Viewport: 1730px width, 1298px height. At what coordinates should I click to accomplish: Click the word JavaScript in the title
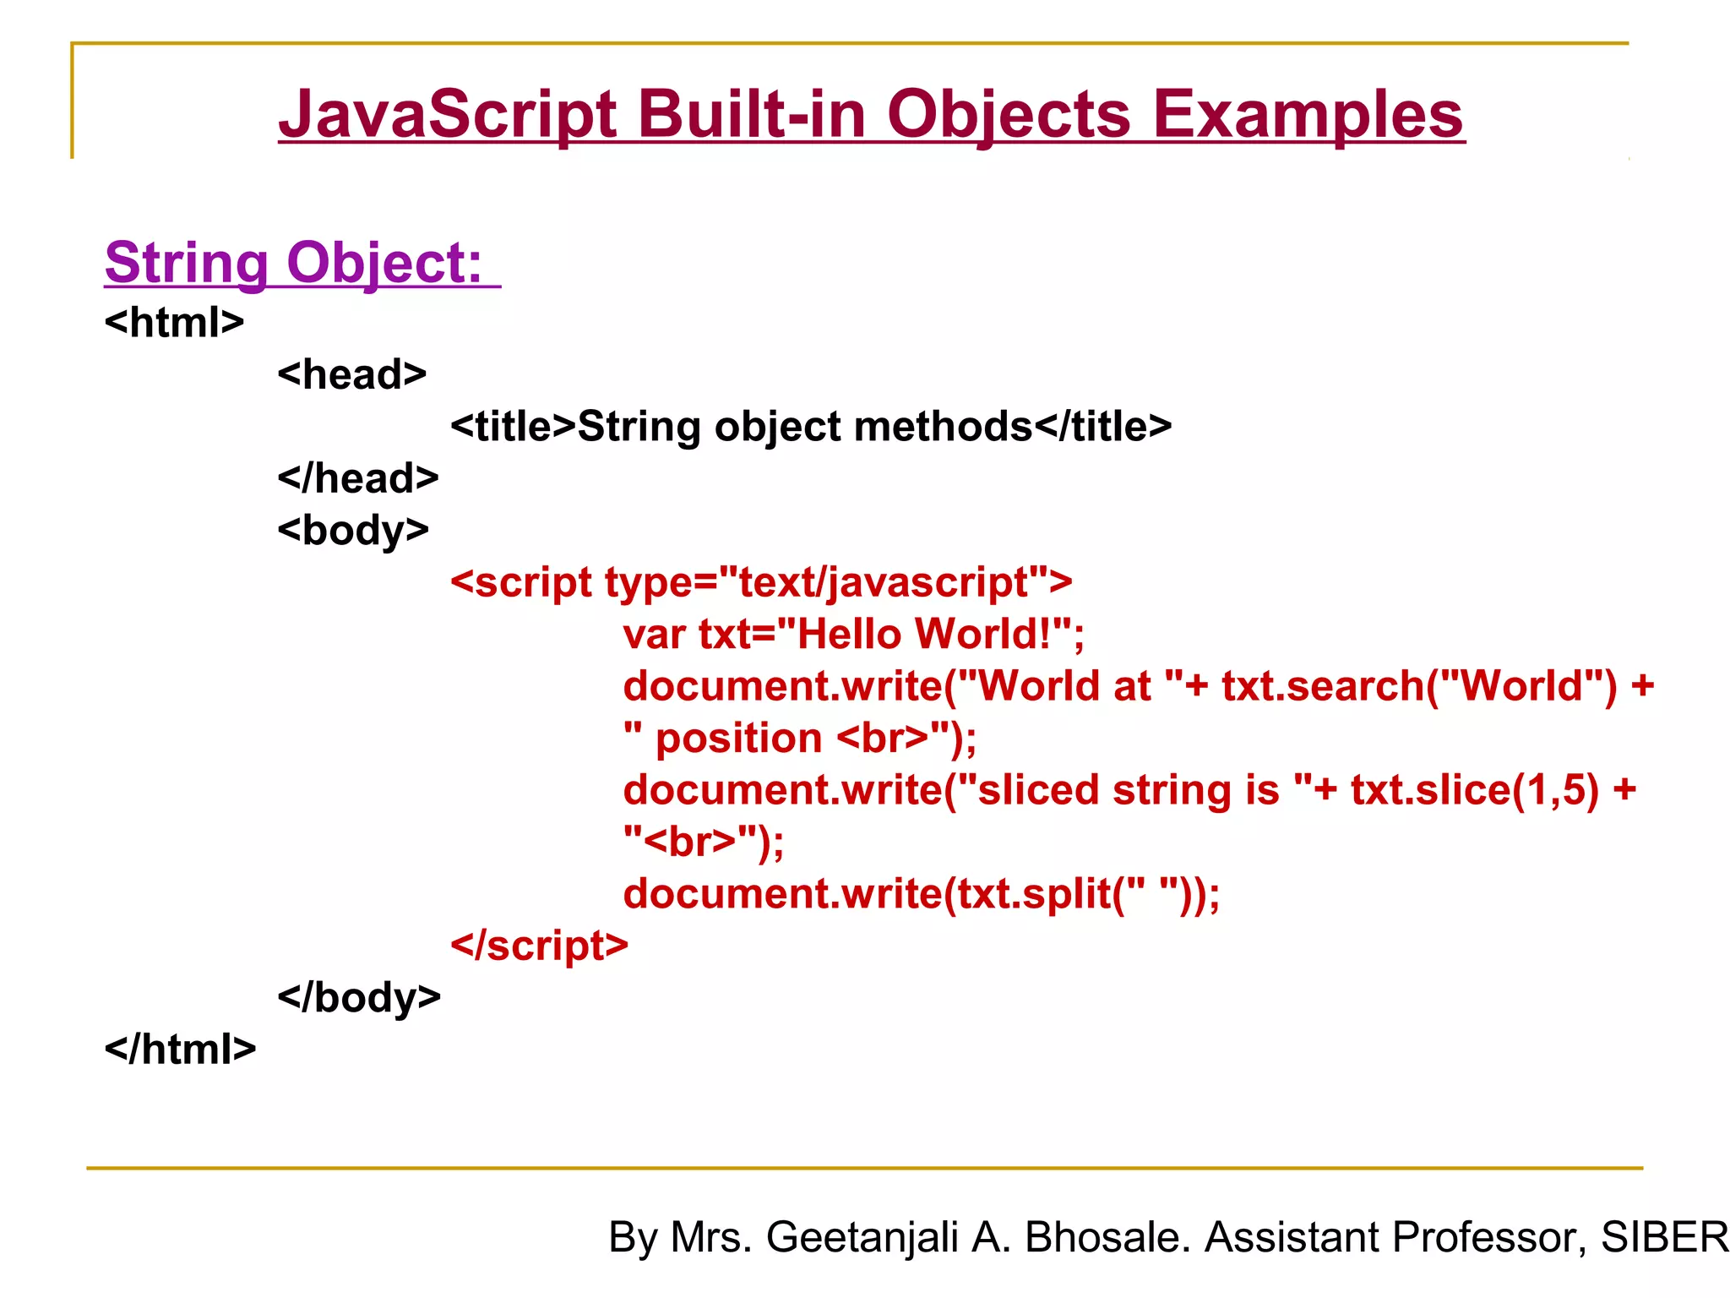pos(448,115)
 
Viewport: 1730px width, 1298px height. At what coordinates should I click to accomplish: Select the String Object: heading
pos(294,263)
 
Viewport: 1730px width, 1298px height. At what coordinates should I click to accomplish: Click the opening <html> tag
pos(174,322)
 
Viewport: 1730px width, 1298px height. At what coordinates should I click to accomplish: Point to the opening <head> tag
pos(352,374)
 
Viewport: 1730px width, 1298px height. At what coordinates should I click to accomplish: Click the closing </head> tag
pos(358,478)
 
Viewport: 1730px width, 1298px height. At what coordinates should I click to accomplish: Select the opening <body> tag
pos(353,531)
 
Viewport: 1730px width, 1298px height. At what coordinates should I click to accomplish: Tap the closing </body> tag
pos(359,997)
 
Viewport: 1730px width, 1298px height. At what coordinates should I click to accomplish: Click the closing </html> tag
pos(180,1050)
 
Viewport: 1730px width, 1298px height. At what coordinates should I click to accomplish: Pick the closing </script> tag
pos(539,946)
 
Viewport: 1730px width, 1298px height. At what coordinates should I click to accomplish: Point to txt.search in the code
pos(1323,686)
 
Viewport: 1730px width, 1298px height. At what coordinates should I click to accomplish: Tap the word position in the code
pos(738,739)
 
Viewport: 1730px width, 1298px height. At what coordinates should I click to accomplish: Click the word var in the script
pos(653,635)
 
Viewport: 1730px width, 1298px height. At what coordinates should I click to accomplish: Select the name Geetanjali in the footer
pos(862,1237)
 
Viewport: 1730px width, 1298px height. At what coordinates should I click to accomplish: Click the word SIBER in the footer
pos(1664,1237)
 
